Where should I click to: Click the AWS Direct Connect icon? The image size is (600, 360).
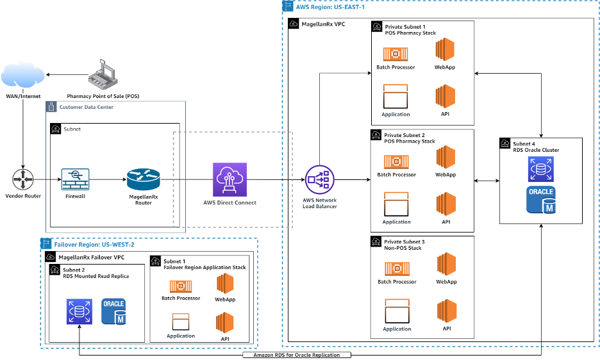pos(229,179)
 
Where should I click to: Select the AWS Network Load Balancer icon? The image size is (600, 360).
pos(319,180)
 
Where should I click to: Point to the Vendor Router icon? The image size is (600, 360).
pos(23,179)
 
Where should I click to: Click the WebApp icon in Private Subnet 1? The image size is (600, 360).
pos(445,50)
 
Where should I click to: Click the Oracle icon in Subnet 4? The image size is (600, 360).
pos(541,200)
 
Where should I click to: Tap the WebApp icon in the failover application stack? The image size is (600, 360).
pos(224,284)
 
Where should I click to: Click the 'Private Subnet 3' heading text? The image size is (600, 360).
pos(404,241)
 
